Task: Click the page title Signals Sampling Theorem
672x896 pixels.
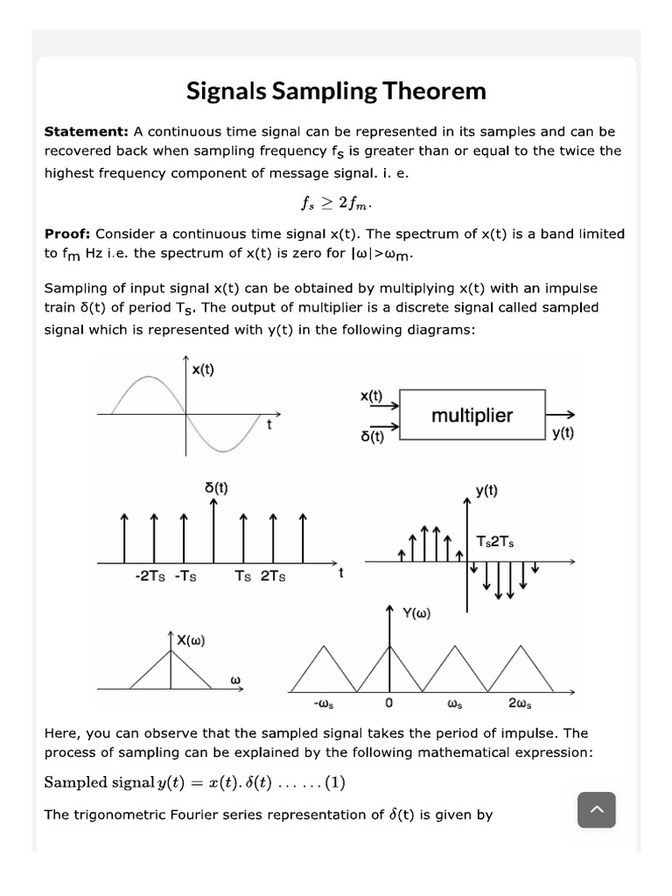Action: point(336,91)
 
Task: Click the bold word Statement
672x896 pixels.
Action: point(86,131)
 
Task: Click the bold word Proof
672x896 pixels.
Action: point(68,234)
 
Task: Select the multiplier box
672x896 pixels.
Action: point(472,416)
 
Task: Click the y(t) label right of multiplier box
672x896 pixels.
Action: point(563,433)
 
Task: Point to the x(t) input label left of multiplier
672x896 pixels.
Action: point(371,395)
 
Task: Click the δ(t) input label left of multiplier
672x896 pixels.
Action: point(372,436)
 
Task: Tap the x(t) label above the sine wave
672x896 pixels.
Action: point(202,369)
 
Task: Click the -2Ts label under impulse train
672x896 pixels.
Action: point(151,577)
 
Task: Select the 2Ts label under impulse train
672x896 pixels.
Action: point(272,577)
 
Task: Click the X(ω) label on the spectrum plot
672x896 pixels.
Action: point(190,640)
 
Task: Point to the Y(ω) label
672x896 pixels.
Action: point(416,613)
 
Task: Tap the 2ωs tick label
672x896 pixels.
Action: point(520,703)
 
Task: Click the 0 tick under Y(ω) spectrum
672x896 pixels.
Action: point(388,703)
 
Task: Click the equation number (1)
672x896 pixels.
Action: point(334,783)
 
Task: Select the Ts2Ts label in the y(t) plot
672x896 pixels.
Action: point(494,542)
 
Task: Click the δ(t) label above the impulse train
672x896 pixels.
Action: point(216,487)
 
